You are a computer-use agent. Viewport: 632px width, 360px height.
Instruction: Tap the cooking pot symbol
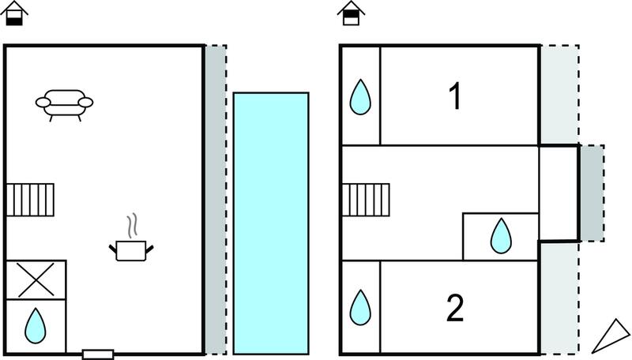[x=131, y=250]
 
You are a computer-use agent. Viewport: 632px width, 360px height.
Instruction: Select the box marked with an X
[x=36, y=279]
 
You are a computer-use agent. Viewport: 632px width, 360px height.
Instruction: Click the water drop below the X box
[x=36, y=326]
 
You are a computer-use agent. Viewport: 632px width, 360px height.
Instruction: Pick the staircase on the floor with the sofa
[x=30, y=200]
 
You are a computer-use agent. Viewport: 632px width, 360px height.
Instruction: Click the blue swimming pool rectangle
[x=271, y=223]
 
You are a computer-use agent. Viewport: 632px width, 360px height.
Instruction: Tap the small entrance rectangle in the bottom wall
[x=98, y=354]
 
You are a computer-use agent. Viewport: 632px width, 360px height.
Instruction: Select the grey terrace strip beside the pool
[x=216, y=200]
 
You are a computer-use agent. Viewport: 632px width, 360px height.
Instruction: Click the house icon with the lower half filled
[x=14, y=13]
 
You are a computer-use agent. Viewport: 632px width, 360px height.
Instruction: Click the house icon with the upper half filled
[x=351, y=13]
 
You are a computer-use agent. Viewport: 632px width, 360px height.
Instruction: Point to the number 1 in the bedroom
[x=455, y=96]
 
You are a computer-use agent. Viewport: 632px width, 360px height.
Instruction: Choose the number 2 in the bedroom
[x=456, y=308]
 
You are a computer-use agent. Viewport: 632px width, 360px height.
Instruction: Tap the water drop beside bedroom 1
[x=360, y=97]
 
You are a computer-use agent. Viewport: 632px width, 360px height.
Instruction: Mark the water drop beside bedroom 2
[x=360, y=307]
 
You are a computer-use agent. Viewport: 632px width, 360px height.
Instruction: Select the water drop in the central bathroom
[x=501, y=236]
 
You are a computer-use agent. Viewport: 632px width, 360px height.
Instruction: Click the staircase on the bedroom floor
[x=366, y=200]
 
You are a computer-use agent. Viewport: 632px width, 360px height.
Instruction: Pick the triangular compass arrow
[x=611, y=336]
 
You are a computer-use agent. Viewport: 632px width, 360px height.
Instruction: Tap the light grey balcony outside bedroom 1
[x=559, y=95]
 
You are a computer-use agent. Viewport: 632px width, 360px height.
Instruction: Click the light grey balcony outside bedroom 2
[x=559, y=298]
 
